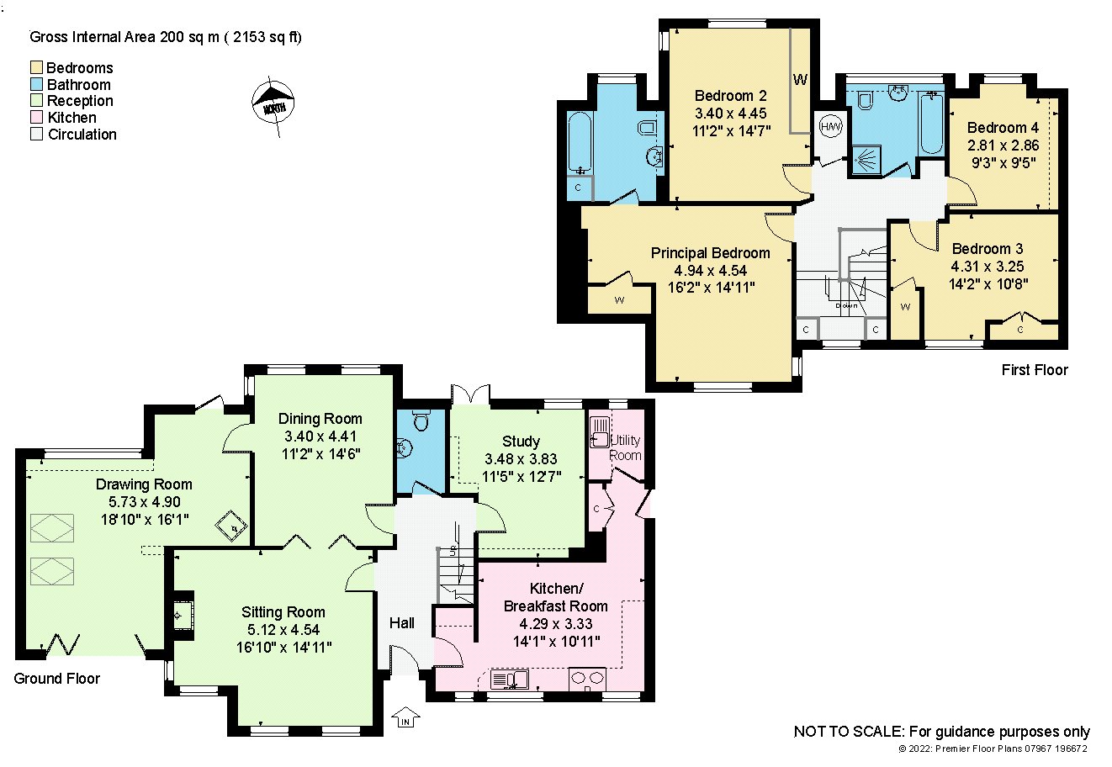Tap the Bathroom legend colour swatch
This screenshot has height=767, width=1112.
click(36, 84)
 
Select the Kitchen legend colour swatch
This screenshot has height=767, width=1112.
click(36, 117)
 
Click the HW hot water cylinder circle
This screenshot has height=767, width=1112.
click(830, 126)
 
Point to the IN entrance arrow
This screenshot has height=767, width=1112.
click(405, 717)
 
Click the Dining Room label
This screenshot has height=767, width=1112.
click(320, 419)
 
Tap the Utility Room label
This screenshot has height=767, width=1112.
click(625, 447)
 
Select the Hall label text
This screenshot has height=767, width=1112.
click(401, 623)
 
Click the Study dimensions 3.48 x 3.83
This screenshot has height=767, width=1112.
click(522, 458)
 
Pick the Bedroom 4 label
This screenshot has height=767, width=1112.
click(1003, 128)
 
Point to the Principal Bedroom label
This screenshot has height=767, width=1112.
click(711, 253)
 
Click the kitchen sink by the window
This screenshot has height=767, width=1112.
click(510, 680)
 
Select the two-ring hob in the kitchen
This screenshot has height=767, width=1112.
click(587, 679)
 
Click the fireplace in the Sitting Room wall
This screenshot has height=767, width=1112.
click(182, 616)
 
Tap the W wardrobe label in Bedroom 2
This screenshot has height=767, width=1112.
click(800, 79)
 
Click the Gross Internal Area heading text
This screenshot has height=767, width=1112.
click(166, 37)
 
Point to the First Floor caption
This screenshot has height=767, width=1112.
click(1035, 370)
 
